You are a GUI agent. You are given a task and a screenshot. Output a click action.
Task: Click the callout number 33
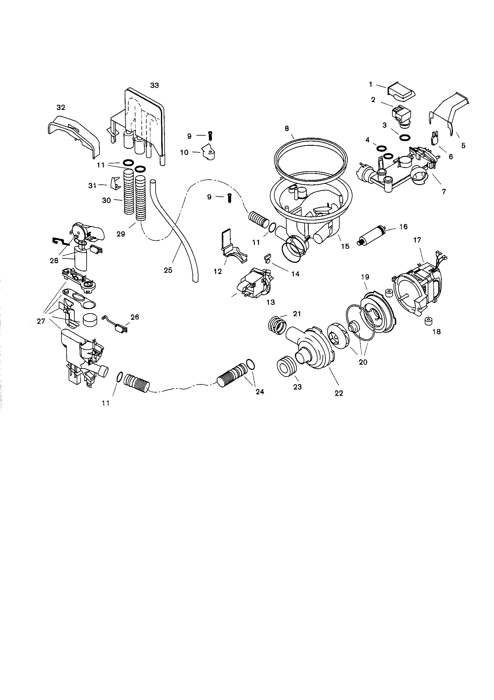[154, 85]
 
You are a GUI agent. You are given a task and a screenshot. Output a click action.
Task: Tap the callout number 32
[61, 107]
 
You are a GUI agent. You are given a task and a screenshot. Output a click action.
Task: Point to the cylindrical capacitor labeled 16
[373, 235]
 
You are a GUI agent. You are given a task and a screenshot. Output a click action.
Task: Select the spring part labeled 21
[278, 325]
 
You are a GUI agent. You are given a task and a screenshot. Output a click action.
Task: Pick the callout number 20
[363, 362]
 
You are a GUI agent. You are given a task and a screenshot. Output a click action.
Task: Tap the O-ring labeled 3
[405, 137]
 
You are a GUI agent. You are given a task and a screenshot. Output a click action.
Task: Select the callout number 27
[41, 321]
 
